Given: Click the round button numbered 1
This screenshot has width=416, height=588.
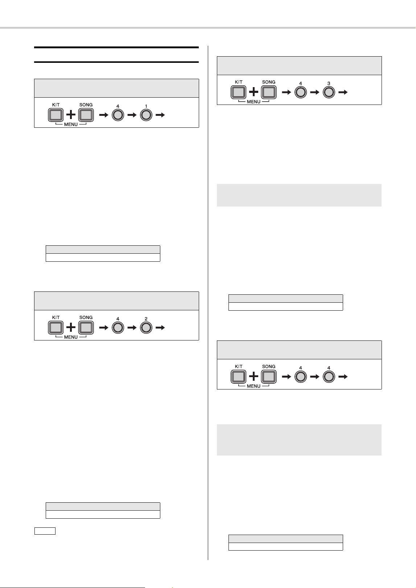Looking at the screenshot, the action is (146, 115).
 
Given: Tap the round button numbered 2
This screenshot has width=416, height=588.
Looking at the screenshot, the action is (146, 328).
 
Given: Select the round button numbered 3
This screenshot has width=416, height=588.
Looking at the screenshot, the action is (329, 93).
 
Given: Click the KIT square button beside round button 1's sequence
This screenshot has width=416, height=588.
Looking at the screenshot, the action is (55, 115).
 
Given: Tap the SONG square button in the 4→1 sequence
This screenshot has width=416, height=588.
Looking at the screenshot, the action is (86, 115).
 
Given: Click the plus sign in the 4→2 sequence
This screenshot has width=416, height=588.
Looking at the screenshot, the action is (71, 327).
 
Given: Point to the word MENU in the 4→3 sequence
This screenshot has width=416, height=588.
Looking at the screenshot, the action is (254, 102).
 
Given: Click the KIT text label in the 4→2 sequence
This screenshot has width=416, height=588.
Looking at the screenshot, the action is (56, 317).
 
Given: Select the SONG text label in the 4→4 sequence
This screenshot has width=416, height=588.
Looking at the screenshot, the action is (269, 367).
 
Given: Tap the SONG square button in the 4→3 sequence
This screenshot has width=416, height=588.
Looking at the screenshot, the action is (269, 92).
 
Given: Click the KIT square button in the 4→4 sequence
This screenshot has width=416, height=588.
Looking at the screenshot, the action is (238, 377).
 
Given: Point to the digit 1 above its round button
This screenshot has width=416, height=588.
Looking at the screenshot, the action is (146, 106).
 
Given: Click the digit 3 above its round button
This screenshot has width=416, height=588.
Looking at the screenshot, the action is (329, 83).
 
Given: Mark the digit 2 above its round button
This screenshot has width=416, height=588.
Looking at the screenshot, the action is (146, 319).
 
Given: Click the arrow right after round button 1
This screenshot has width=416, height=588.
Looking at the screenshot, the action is (160, 115).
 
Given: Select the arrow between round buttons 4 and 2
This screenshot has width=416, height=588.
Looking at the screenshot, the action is (132, 328).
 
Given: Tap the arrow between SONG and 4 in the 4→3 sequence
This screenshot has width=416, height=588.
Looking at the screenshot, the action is (287, 93).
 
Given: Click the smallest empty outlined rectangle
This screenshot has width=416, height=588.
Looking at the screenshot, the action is (45, 531).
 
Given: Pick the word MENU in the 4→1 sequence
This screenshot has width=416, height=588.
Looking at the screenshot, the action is (71, 124).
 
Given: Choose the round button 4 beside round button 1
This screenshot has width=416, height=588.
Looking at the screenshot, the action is (118, 115).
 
